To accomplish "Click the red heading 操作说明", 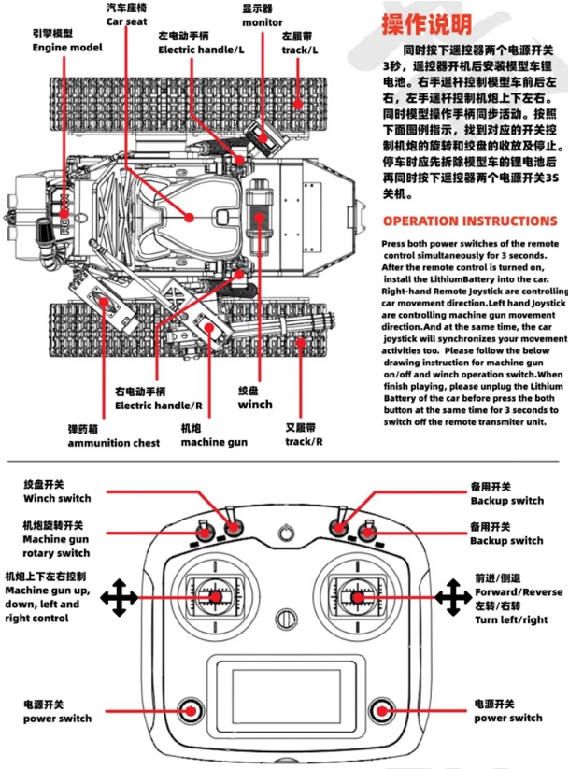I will pyautogui.click(x=426, y=23).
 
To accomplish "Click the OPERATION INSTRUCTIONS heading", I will pyautogui.click(x=470, y=221).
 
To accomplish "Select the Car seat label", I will pyautogui.click(x=127, y=14).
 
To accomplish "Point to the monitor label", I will pyautogui.click(x=263, y=16).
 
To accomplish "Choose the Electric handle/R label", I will pyautogui.click(x=159, y=399).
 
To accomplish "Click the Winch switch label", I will pyautogui.click(x=57, y=492).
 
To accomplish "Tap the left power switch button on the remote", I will pyautogui.click(x=191, y=708).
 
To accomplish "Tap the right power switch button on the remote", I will pyautogui.click(x=380, y=708).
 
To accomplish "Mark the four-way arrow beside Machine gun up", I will pyautogui.click(x=118, y=596).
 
